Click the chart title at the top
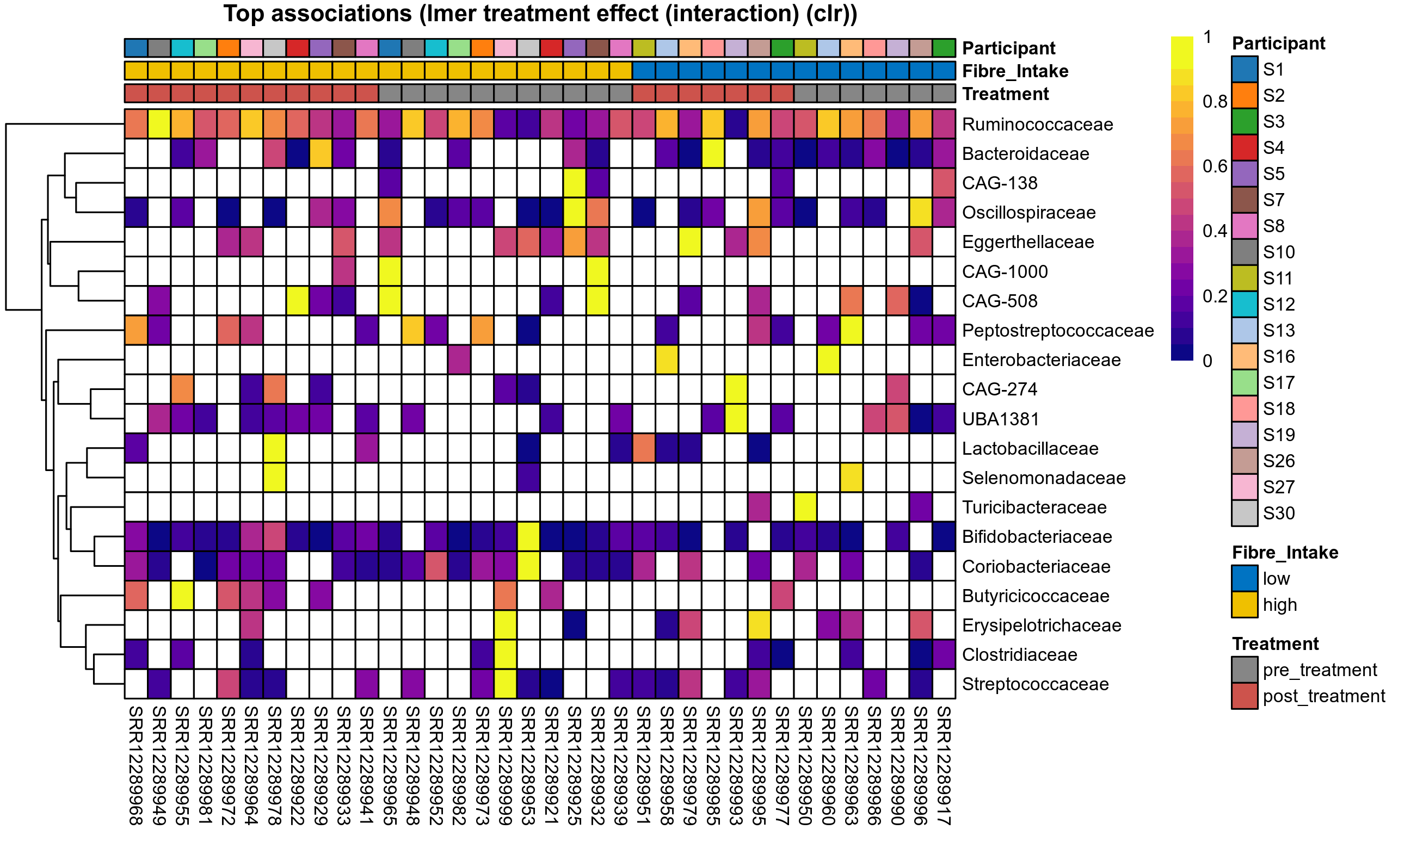coord(540,14)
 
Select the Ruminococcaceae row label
coord(1037,124)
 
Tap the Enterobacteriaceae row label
coord(1041,360)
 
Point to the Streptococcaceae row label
coord(1035,684)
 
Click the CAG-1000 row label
coord(1005,271)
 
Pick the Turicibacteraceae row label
coord(1034,507)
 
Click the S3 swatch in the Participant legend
coord(1244,121)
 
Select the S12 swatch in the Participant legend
coord(1244,304)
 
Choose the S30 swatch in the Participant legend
coord(1244,513)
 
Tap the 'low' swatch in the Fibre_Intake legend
coord(1244,578)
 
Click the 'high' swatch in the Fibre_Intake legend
coord(1244,604)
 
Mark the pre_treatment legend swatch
coord(1244,670)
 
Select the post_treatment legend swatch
coord(1244,696)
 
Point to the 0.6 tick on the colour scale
coord(1215,166)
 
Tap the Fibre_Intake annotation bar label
coord(1015,71)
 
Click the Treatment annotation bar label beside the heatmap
coord(1005,94)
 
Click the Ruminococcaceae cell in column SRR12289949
coord(159,124)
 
